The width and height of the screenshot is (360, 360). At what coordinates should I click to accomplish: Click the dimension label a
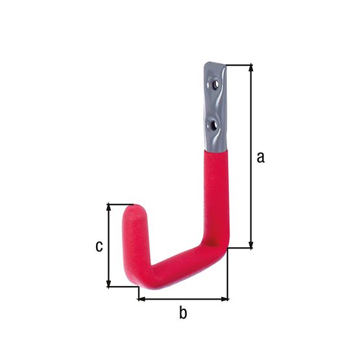[x=261, y=156]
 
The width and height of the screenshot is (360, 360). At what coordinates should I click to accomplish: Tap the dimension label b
[x=183, y=313]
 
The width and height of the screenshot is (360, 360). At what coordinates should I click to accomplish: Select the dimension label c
[x=99, y=246]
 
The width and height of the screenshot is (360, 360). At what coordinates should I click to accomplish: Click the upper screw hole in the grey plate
[x=213, y=83]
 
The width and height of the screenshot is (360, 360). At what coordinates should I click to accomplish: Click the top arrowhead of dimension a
[x=250, y=67]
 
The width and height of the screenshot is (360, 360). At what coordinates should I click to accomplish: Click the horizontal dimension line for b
[x=184, y=299]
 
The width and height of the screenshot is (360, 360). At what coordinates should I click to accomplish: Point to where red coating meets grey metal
[x=215, y=150]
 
